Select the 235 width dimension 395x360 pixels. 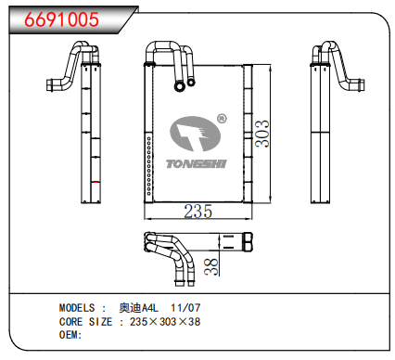pos(197,211)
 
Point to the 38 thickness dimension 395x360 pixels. pos(210,267)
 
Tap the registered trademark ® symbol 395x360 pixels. pos(222,119)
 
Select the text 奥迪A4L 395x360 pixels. pos(138,307)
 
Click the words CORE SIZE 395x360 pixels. pos(86,321)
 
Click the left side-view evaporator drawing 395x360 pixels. pos(91,125)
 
